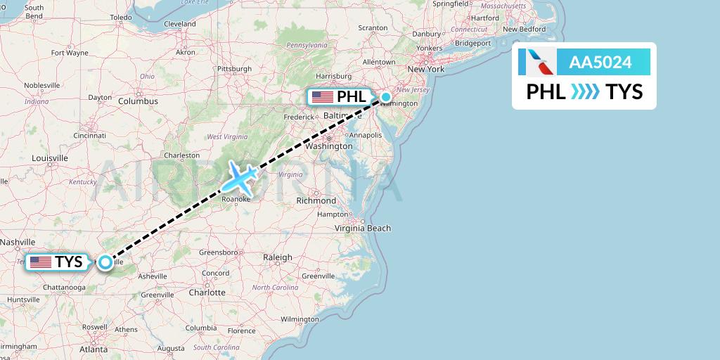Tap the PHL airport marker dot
[386, 97]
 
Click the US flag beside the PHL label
[323, 97]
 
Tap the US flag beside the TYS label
[41, 262]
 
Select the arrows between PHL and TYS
[585, 92]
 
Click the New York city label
[426, 69]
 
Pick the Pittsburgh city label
[234, 69]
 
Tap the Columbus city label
[138, 101]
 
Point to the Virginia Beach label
[363, 228]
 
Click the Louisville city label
[49, 158]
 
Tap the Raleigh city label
[277, 257]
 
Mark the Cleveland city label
[179, 23]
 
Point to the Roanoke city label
[236, 199]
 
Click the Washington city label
[329, 146]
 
